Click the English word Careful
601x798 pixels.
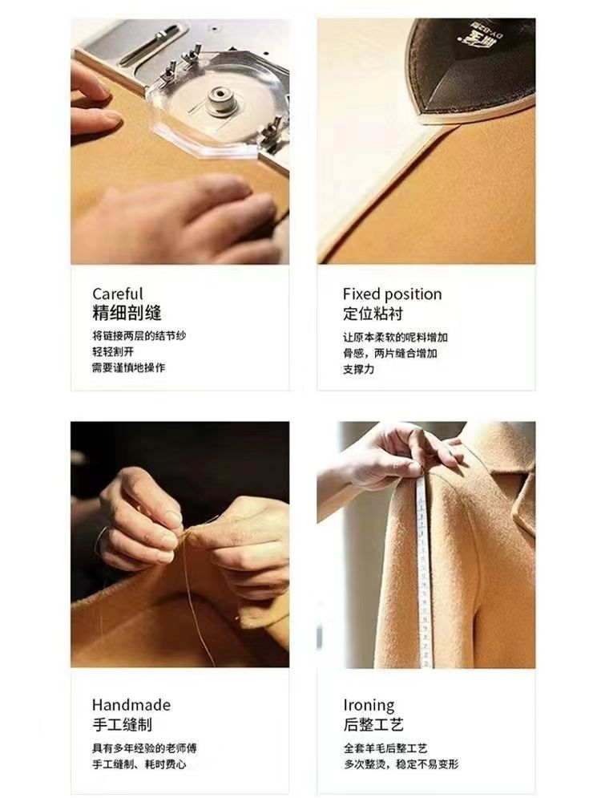click(118, 294)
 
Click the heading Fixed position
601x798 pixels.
click(392, 294)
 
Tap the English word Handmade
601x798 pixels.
click(131, 705)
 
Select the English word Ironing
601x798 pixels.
click(369, 706)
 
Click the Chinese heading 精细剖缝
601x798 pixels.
click(127, 313)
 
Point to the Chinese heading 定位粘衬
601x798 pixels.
click(373, 313)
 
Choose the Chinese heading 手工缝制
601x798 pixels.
click(122, 724)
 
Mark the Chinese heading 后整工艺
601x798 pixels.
click(373, 724)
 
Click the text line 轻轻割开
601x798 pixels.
click(113, 351)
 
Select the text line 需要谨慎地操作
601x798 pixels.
click(129, 367)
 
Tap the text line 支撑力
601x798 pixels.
click(358, 369)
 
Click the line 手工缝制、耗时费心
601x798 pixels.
click(139, 764)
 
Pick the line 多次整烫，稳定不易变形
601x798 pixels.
click(401, 764)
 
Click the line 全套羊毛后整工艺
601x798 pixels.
click(385, 748)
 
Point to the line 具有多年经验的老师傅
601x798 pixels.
click(144, 748)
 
